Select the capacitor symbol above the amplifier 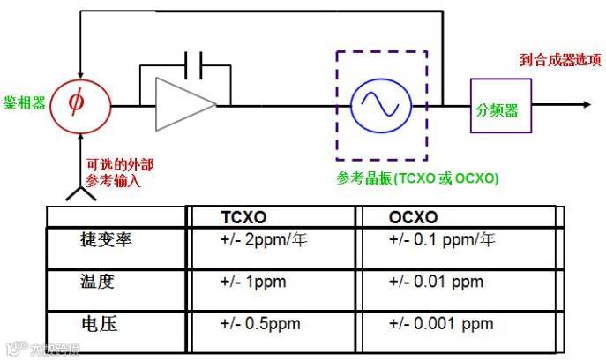pyautogui.click(x=195, y=63)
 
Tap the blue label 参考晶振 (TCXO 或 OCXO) pyautogui.click(x=417, y=178)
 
